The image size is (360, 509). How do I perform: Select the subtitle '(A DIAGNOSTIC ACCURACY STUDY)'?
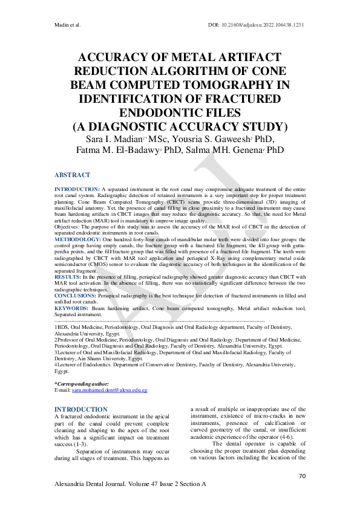tap(180, 126)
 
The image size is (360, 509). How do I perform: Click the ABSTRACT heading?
tap(73, 175)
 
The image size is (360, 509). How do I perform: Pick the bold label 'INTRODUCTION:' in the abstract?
tap(77, 189)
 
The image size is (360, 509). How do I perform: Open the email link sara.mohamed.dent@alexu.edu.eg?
tap(110, 391)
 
